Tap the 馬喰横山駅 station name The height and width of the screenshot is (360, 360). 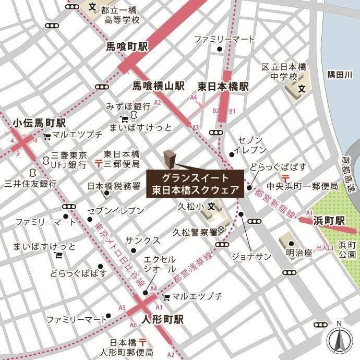pos(158,85)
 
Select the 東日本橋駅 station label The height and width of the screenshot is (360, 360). pos(223,85)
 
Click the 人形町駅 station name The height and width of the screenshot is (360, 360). pos(162,319)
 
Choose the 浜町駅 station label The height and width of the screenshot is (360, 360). pos(330,221)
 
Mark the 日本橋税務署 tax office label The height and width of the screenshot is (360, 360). pos(113,185)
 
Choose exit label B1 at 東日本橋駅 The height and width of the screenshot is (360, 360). pos(233,111)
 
